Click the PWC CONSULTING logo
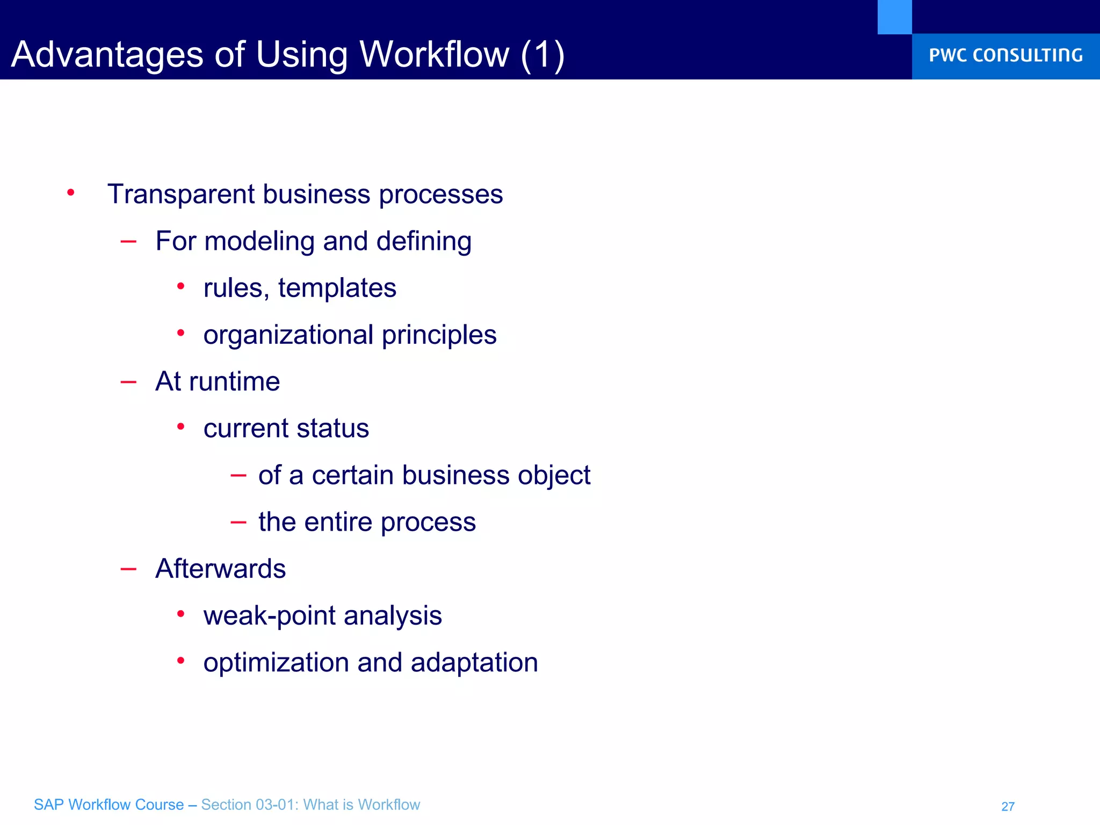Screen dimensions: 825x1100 [x=1005, y=55]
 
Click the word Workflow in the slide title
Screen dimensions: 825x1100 [x=434, y=55]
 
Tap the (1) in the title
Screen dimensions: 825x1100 [x=542, y=55]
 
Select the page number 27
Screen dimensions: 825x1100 [x=1008, y=806]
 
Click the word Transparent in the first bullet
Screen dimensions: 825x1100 [x=180, y=194]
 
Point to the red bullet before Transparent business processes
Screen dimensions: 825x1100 [x=71, y=192]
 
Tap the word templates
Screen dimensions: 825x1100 [x=337, y=288]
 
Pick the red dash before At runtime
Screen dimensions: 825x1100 [x=128, y=382]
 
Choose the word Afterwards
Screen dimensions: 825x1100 [x=220, y=569]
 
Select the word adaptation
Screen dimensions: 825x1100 [x=474, y=663]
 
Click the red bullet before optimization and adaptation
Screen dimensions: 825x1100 [x=181, y=661]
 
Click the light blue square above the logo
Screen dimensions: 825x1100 [x=894, y=17]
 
